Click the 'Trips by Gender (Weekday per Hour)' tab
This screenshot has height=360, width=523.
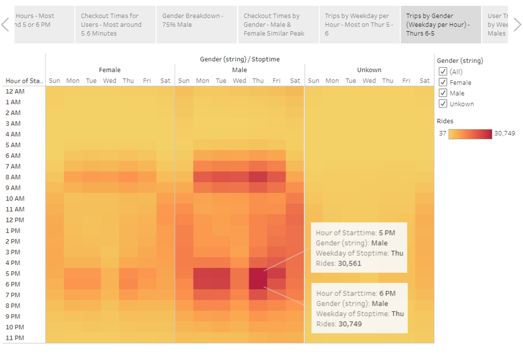pyautogui.click(x=441, y=25)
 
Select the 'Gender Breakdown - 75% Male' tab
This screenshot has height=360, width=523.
pyautogui.click(x=196, y=25)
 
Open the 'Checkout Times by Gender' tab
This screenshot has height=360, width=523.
pyautogui.click(x=278, y=25)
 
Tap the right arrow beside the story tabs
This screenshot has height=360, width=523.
pyautogui.click(x=516, y=25)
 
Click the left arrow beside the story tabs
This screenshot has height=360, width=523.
pyautogui.click(x=5, y=25)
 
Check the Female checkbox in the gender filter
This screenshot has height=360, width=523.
pyautogui.click(x=443, y=82)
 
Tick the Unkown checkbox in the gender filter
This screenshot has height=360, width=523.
pyautogui.click(x=443, y=104)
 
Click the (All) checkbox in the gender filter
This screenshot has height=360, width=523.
pyautogui.click(x=443, y=72)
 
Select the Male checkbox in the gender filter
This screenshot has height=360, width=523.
pyautogui.click(x=443, y=93)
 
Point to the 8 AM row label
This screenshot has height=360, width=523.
pyautogui.click(x=13, y=177)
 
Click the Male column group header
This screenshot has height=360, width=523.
pyautogui.click(x=239, y=70)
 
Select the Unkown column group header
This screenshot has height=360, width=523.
pyautogui.click(x=369, y=70)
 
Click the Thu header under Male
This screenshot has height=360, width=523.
pyautogui.click(x=258, y=81)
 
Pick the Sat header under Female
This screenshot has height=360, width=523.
pyautogui.click(x=165, y=81)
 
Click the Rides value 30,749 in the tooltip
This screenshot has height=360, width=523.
pyautogui.click(x=349, y=324)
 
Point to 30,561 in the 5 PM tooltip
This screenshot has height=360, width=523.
pyautogui.click(x=349, y=263)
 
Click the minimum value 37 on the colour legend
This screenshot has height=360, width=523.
pyautogui.click(x=442, y=133)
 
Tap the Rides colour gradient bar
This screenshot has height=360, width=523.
pyautogui.click(x=470, y=133)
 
